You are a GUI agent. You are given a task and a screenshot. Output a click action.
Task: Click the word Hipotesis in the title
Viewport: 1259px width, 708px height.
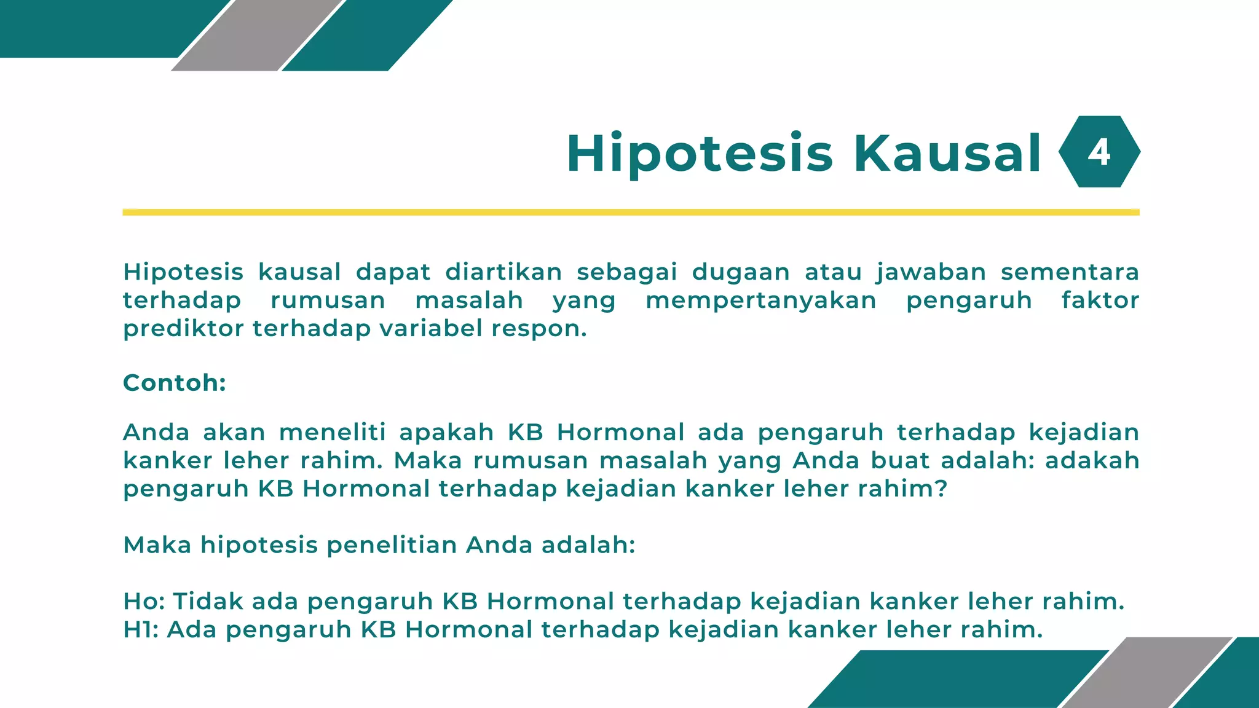pos(700,154)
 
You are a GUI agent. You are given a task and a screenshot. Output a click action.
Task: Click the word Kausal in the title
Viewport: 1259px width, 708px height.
pos(947,154)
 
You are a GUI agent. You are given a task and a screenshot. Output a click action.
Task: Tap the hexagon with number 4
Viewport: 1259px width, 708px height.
pos(1099,152)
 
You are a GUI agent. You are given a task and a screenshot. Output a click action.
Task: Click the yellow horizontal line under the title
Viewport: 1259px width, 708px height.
pos(631,212)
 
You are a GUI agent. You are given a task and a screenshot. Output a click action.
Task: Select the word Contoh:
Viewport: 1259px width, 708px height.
pos(175,383)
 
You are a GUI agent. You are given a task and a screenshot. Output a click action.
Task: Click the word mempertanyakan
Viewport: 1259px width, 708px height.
pos(761,301)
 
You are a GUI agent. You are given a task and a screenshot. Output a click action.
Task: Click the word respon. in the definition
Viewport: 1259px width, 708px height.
pos(539,329)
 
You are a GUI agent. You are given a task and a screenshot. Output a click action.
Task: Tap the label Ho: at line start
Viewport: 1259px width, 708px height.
pos(144,601)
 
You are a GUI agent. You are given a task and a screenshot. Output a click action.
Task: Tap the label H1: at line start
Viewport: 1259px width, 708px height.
pos(141,629)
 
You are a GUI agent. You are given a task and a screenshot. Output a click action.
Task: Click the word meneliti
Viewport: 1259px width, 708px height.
pos(333,432)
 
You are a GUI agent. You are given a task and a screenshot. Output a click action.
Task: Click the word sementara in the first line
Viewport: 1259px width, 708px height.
pos(1070,272)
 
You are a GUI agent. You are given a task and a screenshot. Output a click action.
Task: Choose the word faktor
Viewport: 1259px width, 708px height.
pos(1100,301)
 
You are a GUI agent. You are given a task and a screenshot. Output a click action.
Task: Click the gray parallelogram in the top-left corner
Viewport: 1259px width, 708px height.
pos(257,35)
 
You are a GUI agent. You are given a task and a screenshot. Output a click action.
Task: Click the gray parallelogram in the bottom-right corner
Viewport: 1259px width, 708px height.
pos(1147,673)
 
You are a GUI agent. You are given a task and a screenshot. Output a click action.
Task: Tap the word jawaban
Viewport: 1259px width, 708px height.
pos(931,272)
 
